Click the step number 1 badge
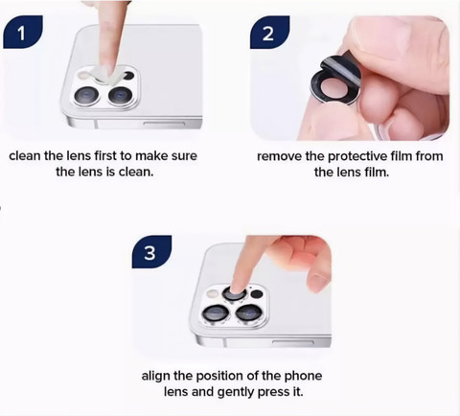point(23,32)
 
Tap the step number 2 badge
point(269,32)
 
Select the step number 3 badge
point(151,252)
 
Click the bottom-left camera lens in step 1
point(86,96)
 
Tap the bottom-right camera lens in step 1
point(120,96)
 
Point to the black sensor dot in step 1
point(128,76)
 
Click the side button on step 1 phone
point(164,124)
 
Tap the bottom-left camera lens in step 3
point(216,312)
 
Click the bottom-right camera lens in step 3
point(249,312)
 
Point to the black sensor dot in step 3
point(257,294)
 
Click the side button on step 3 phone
point(293,342)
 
